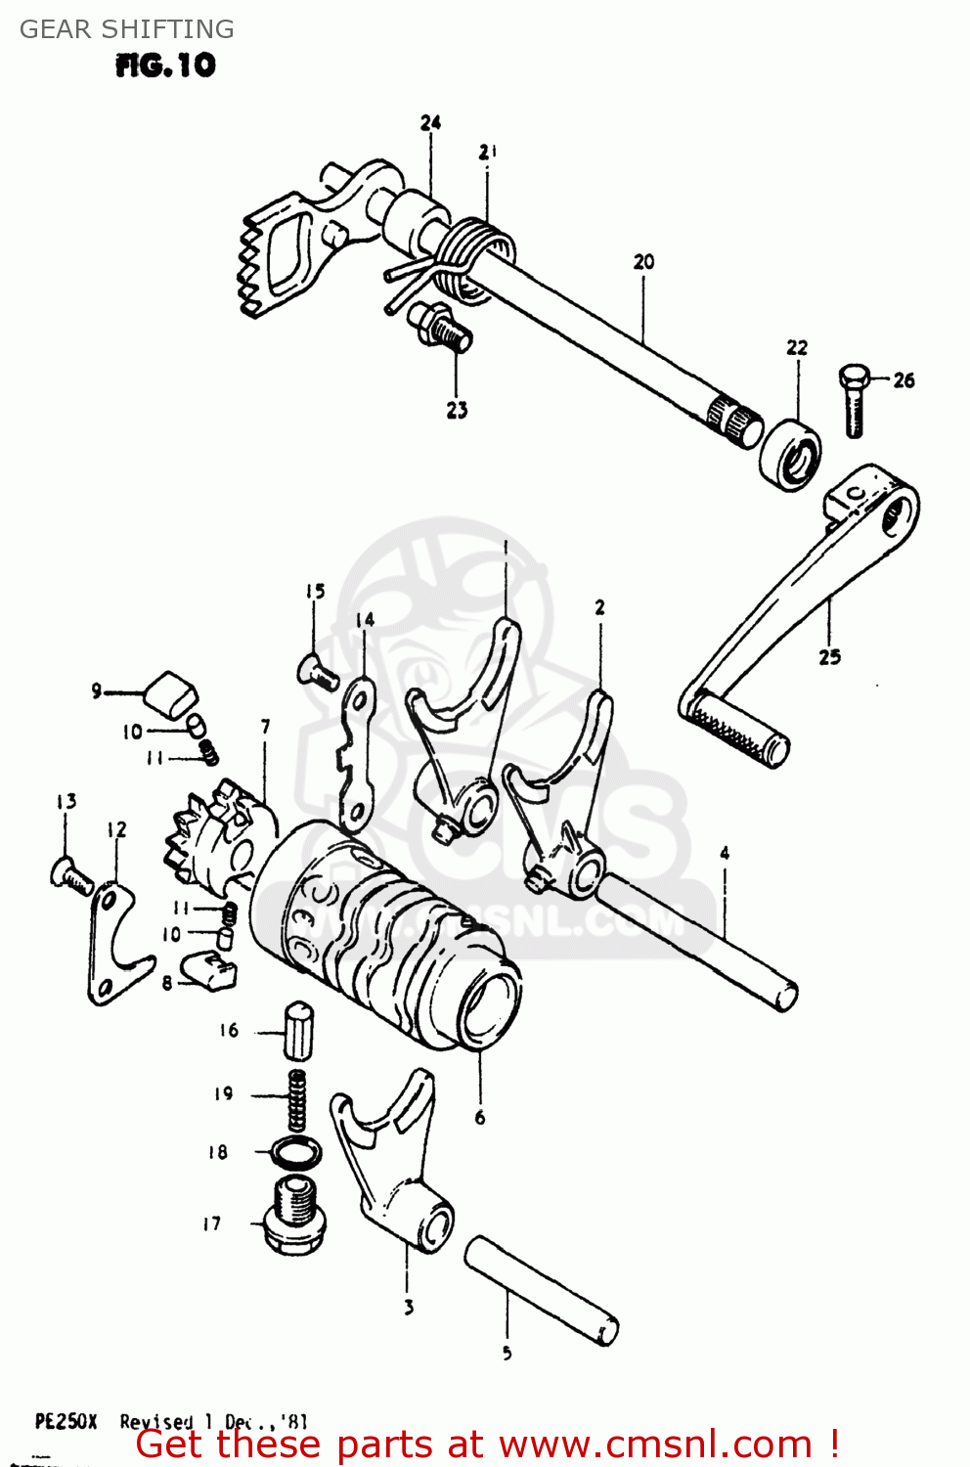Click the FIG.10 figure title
coord(165,66)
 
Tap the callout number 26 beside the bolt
coord(904,380)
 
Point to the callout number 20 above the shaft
coord(643,262)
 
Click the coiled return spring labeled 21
coord(471,253)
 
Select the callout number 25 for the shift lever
coord(829,657)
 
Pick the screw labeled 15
coord(317,671)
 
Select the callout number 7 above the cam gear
coord(265,727)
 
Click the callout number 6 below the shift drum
coord(479,1117)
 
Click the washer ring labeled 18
coord(295,1152)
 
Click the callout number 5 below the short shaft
coord(507,1354)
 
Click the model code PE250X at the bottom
coord(66,1421)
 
